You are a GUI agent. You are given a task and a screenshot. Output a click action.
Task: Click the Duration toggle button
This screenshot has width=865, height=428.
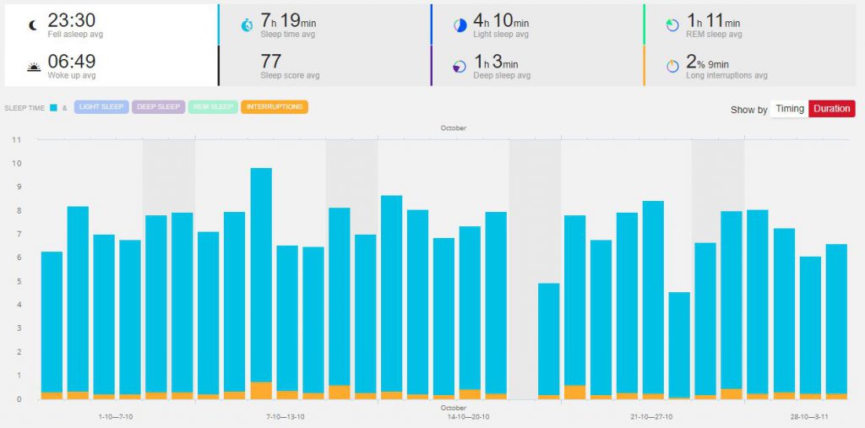pyautogui.click(x=831, y=109)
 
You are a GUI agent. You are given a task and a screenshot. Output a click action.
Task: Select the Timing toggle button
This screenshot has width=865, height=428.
pyautogui.click(x=790, y=109)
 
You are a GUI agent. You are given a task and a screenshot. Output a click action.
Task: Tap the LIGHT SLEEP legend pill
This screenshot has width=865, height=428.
pyautogui.click(x=101, y=107)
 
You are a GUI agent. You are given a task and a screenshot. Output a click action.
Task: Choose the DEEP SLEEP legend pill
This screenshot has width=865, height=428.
pyautogui.click(x=158, y=107)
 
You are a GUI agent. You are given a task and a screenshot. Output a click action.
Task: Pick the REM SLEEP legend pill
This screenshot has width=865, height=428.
pyautogui.click(x=213, y=107)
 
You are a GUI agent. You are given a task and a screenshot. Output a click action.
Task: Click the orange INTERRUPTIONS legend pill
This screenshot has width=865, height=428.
pyautogui.click(x=275, y=107)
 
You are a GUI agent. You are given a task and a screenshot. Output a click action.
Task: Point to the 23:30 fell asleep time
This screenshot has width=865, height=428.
pyautogui.click(x=71, y=20)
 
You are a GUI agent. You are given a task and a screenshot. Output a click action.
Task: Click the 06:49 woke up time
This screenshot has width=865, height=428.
pyautogui.click(x=71, y=61)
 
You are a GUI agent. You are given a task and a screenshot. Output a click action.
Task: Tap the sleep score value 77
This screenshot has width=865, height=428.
pyautogui.click(x=271, y=61)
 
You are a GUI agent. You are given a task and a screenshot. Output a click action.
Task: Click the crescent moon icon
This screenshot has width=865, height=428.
pyautogui.click(x=33, y=25)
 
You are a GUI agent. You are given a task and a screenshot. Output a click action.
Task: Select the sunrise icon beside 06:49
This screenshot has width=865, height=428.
pyautogui.click(x=33, y=66)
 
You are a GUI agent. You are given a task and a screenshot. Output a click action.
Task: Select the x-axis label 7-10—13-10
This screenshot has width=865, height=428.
pyautogui.click(x=286, y=417)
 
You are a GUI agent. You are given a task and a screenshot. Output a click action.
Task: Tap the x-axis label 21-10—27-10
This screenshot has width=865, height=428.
pyautogui.click(x=652, y=417)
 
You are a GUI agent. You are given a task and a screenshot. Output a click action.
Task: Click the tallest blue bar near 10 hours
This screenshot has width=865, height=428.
pyautogui.click(x=261, y=279)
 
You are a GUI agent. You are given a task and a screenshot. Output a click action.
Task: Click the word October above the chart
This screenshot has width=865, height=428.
pyautogui.click(x=453, y=128)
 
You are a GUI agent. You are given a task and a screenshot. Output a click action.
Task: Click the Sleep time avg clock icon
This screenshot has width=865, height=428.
pyautogui.click(x=247, y=25)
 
